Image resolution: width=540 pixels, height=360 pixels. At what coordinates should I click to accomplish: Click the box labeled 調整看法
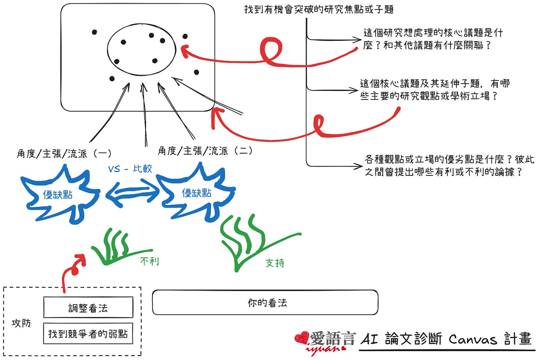click(x=88, y=307)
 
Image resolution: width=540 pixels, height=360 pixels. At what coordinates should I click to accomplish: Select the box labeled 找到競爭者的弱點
click(x=88, y=334)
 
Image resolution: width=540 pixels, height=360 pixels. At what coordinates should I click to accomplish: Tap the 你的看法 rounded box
click(x=265, y=303)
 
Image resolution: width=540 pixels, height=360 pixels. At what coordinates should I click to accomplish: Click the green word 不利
click(x=150, y=261)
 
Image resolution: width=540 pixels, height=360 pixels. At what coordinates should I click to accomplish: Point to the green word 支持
click(x=275, y=263)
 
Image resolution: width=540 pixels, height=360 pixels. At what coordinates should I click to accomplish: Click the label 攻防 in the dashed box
click(x=21, y=323)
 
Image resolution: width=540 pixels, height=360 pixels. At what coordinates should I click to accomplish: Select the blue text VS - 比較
click(x=130, y=169)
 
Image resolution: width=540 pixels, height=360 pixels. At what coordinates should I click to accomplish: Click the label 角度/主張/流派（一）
click(x=64, y=153)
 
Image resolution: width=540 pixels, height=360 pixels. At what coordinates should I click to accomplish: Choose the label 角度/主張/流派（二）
click(x=205, y=151)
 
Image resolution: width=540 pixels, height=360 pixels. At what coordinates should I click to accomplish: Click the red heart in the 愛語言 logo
click(x=302, y=338)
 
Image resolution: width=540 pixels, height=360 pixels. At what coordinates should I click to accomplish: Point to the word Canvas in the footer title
click(x=472, y=339)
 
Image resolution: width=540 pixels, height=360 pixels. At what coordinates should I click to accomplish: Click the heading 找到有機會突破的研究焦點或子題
click(x=319, y=9)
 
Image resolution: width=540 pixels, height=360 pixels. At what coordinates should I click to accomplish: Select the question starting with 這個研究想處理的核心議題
click(x=433, y=39)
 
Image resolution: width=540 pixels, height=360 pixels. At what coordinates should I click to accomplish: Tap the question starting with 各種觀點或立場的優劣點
click(x=449, y=165)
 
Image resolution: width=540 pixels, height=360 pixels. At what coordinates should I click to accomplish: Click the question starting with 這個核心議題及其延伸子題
click(x=435, y=89)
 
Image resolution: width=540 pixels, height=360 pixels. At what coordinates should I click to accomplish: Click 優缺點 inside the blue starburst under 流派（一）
click(x=57, y=195)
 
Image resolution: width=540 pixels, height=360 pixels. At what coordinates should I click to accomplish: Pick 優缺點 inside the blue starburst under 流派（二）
click(x=197, y=193)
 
